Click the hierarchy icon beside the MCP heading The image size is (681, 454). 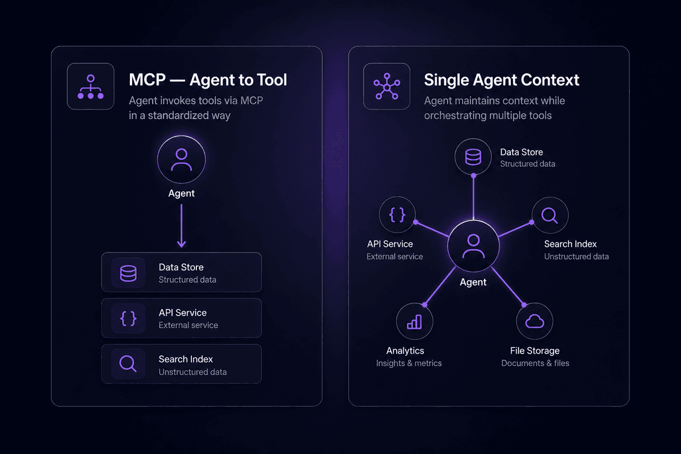(x=91, y=87)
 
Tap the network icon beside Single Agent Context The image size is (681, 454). (x=386, y=86)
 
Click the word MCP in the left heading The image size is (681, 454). (x=147, y=79)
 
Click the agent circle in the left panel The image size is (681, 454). (x=182, y=159)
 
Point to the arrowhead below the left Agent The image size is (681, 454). (x=182, y=243)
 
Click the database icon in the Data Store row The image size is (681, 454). (x=128, y=273)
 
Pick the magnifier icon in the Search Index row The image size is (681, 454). (x=128, y=364)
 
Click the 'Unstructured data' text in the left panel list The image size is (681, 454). (x=192, y=372)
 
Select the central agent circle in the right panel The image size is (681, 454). (x=473, y=246)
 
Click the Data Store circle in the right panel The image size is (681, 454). (x=473, y=157)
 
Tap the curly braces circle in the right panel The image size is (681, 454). (x=397, y=215)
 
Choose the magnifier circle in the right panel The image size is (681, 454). (x=550, y=215)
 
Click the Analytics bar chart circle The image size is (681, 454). (x=414, y=321)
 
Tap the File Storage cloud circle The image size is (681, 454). (x=535, y=321)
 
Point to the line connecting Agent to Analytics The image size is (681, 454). (x=440, y=286)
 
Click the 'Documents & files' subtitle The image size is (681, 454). (x=535, y=363)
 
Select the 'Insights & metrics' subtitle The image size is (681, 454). (x=409, y=363)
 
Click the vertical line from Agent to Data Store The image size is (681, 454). (x=473, y=197)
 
